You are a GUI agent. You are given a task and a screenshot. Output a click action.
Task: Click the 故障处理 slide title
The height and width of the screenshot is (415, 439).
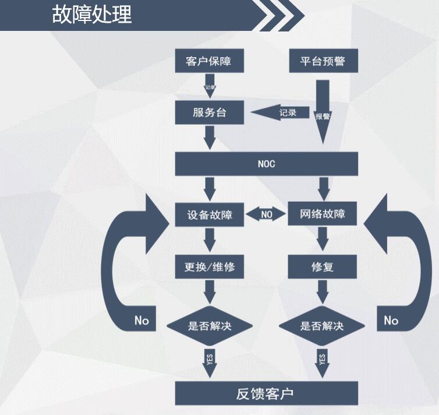(91, 14)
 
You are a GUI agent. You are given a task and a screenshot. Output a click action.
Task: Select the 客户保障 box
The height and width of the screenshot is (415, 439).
(209, 61)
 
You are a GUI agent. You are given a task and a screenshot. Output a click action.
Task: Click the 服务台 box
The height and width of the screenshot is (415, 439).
(209, 112)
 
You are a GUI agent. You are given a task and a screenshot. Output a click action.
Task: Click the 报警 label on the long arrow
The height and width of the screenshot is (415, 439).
(323, 116)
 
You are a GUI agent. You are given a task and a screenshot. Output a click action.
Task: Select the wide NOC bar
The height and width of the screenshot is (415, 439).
(265, 164)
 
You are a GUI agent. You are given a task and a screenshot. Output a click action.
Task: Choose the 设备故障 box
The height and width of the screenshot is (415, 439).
(209, 214)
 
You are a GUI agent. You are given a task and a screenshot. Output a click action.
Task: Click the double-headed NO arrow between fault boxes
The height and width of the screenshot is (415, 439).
(266, 214)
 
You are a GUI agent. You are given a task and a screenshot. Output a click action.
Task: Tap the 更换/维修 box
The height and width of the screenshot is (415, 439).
(209, 268)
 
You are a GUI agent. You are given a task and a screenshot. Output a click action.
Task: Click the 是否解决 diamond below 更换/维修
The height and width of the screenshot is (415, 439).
(209, 326)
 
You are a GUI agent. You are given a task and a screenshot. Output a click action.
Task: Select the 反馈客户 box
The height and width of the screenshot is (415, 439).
(265, 393)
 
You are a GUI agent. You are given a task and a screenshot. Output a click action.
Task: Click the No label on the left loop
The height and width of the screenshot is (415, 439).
(141, 321)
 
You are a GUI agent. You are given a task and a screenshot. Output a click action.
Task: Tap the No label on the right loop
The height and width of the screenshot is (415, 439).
(391, 321)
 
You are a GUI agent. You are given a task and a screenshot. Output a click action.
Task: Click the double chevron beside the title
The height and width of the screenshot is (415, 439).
(281, 16)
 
